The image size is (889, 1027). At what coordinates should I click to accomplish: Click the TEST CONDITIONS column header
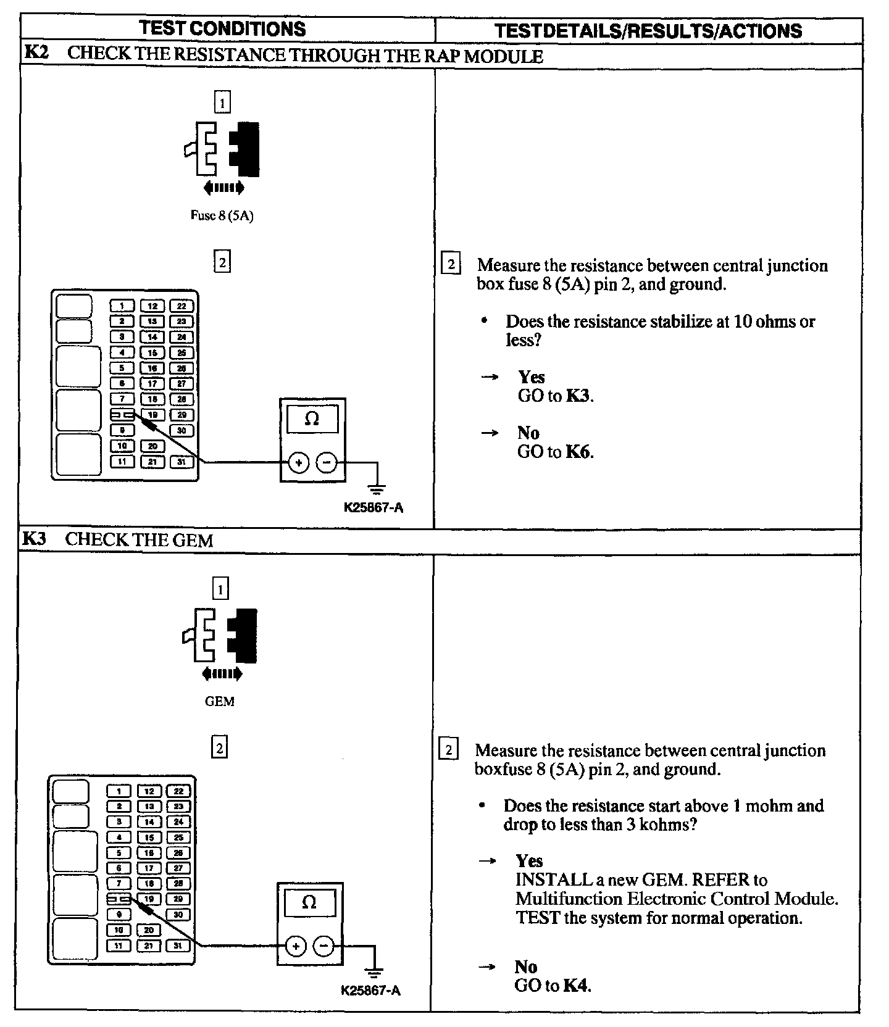(x=222, y=28)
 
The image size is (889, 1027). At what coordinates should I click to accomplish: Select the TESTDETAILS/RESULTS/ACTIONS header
(x=648, y=30)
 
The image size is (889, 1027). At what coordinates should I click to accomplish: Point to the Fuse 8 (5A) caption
(x=222, y=216)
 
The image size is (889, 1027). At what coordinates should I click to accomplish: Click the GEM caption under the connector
(x=220, y=702)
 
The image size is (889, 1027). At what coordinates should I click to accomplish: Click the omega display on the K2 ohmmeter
(x=312, y=420)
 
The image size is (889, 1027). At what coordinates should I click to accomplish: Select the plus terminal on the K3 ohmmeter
(x=296, y=946)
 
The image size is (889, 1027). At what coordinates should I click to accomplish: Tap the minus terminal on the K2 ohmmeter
(x=327, y=462)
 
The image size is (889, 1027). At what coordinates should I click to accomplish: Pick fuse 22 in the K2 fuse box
(x=181, y=306)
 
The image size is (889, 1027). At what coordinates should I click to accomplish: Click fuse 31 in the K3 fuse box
(x=178, y=946)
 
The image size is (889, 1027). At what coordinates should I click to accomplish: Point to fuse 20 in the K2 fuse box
(x=152, y=446)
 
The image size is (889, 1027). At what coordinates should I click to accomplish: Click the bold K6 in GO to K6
(x=578, y=452)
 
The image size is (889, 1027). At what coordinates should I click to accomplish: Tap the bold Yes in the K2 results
(x=531, y=376)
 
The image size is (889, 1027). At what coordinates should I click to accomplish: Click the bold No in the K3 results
(x=526, y=967)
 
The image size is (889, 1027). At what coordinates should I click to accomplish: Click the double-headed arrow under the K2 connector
(x=223, y=188)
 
